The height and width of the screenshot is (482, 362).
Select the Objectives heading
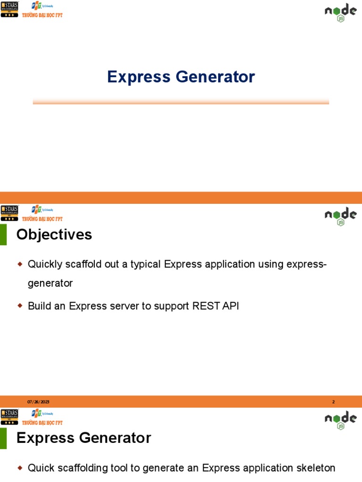[54, 234]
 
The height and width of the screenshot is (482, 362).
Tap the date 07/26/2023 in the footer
[38, 402]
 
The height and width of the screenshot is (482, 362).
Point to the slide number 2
[333, 402]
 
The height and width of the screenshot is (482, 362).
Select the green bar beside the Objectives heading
[3, 234]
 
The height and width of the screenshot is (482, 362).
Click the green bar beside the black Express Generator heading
[3, 438]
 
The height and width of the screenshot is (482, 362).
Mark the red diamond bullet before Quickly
[20, 264]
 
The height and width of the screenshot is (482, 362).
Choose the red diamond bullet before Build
[20, 306]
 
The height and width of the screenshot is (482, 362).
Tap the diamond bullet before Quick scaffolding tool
[20, 468]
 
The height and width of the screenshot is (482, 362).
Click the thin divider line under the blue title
[181, 102]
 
